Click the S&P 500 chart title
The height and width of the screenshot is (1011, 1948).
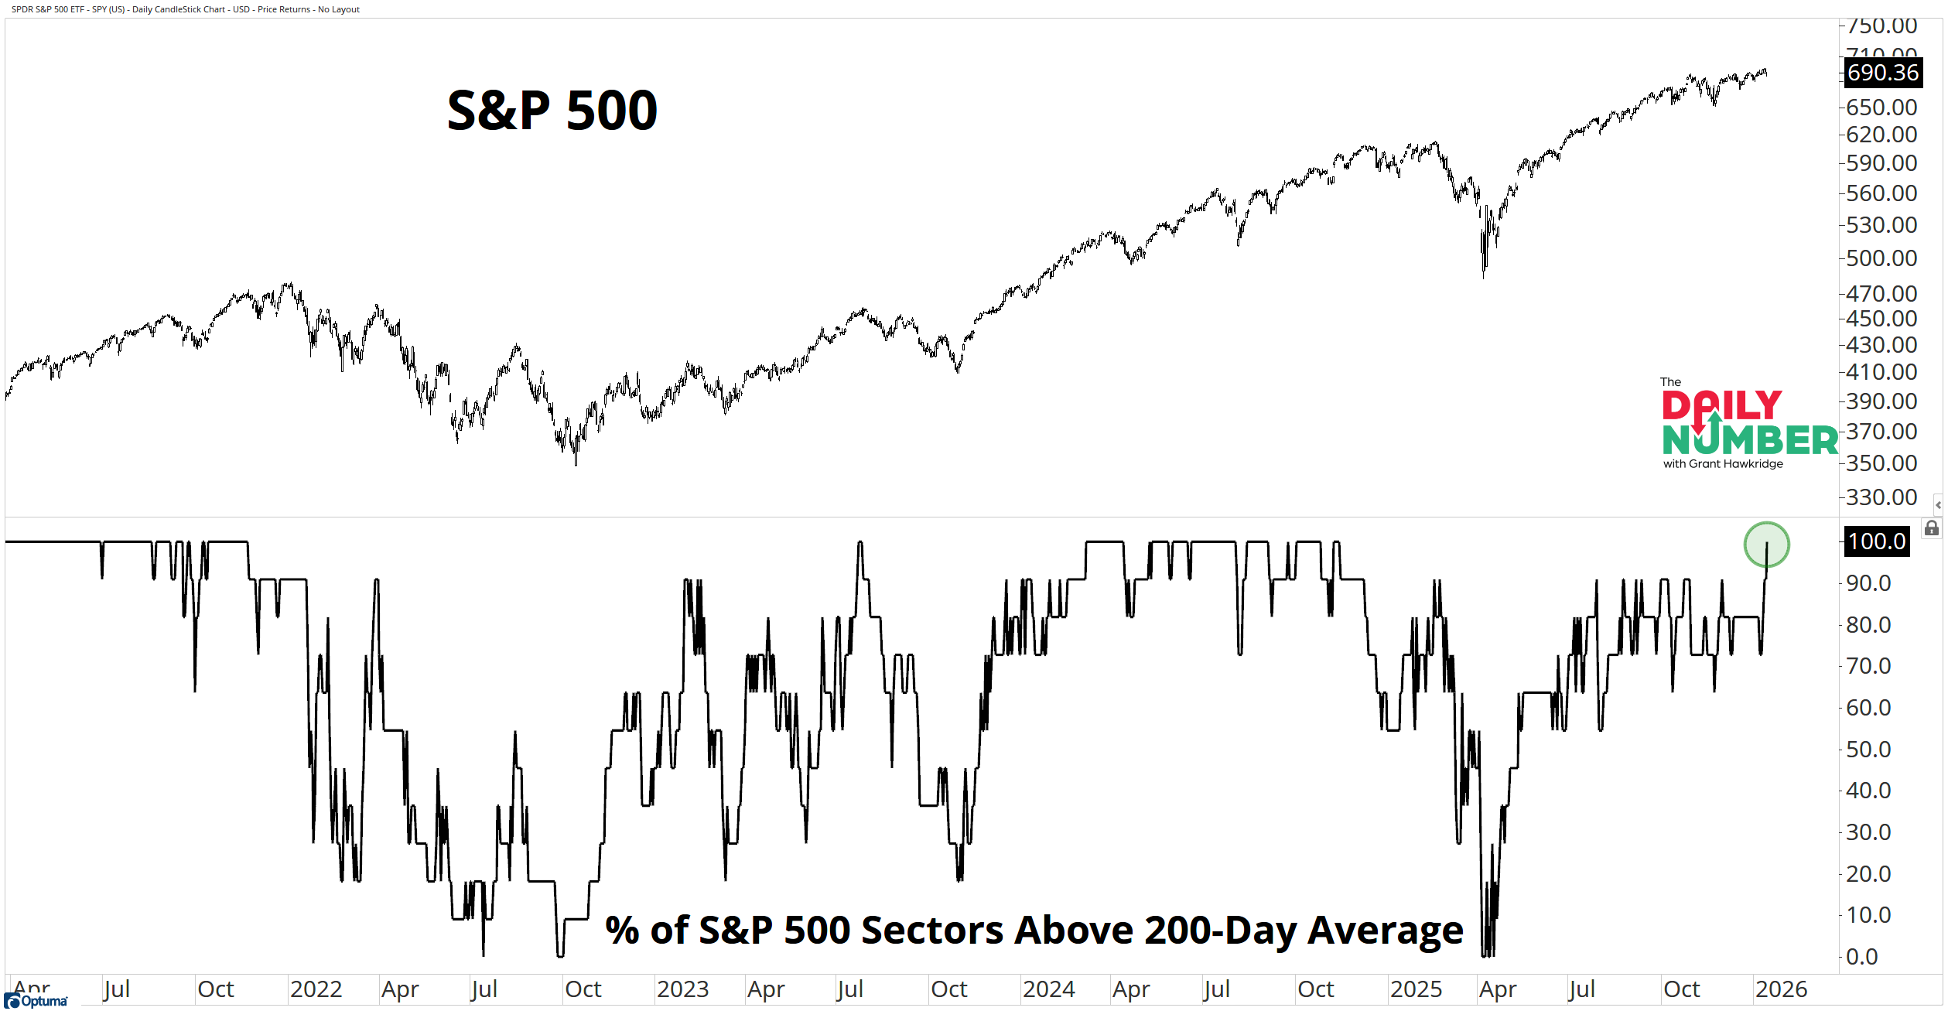552,111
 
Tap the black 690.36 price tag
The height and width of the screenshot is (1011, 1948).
1882,73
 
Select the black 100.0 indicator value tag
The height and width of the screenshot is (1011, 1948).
1877,541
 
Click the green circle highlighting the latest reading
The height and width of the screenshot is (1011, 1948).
1766,545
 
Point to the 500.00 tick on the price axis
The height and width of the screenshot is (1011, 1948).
1881,258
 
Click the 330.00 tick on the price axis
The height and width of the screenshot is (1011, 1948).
1881,497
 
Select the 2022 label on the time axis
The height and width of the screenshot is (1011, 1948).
316,989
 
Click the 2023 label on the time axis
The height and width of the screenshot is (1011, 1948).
682,989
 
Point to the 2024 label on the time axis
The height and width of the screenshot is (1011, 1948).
1048,989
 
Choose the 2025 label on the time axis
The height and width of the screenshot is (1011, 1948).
1416,989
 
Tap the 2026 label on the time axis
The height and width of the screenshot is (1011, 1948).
1781,989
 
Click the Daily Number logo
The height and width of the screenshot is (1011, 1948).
1748,424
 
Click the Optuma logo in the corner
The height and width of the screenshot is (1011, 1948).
36,1001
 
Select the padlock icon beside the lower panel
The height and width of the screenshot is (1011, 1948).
1932,528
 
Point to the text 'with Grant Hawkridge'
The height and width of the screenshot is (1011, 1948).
1723,464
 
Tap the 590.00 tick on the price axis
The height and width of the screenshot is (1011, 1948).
1881,163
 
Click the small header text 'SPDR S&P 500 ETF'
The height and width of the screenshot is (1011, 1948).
47,9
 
